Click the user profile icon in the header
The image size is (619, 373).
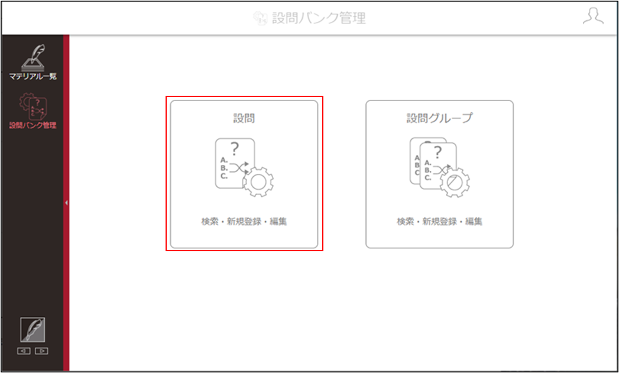(593, 17)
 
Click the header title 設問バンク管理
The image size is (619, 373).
(319, 18)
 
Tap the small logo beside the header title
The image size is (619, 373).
(261, 18)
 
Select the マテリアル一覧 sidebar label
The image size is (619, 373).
(33, 76)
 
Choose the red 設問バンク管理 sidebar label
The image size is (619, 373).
(33, 126)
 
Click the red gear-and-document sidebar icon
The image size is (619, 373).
(33, 106)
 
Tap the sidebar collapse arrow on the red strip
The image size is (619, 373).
(66, 203)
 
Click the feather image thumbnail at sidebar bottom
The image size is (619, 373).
(33, 330)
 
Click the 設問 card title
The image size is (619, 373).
(244, 118)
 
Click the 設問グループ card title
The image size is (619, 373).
(439, 118)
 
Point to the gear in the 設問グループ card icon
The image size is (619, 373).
(455, 182)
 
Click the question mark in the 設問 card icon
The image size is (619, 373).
(235, 149)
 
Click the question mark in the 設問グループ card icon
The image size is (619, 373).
(437, 152)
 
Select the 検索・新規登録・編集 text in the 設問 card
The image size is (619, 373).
(244, 222)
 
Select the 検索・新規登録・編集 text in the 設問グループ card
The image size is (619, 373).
(439, 222)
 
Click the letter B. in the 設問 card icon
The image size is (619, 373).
(224, 168)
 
